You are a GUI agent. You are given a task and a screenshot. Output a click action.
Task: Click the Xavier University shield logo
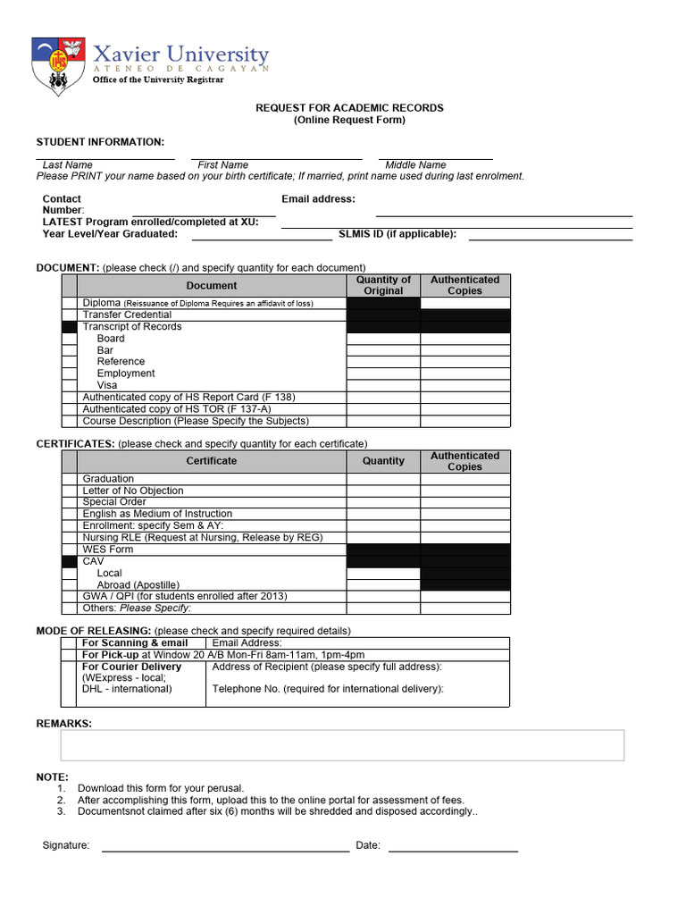(60, 66)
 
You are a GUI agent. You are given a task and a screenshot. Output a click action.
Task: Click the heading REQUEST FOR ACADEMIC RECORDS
(349, 108)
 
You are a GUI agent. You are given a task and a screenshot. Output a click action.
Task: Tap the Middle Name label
(415, 165)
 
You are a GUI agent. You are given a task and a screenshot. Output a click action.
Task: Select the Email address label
(318, 199)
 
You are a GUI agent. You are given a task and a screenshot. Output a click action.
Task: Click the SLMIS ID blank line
(550, 239)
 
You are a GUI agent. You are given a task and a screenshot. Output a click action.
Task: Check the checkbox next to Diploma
(71, 304)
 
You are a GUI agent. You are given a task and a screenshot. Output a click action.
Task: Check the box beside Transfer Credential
(71, 315)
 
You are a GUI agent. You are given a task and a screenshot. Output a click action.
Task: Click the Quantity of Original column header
(383, 285)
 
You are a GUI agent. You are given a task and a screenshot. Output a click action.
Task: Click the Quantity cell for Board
(383, 339)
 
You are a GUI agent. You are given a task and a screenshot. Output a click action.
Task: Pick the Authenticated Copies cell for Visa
(464, 385)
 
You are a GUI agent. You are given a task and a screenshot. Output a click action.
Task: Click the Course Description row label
(196, 421)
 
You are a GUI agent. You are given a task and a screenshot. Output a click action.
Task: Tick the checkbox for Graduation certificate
(71, 479)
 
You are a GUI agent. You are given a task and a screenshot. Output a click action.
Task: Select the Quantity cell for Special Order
(383, 502)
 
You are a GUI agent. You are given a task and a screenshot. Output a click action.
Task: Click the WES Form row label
(108, 550)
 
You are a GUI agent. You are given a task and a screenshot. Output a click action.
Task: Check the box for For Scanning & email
(71, 642)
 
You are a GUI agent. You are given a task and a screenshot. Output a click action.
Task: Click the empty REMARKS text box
(342, 745)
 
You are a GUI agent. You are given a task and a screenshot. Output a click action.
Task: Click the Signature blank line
(225, 850)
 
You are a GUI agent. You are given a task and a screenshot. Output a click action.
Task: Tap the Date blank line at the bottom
(453, 850)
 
